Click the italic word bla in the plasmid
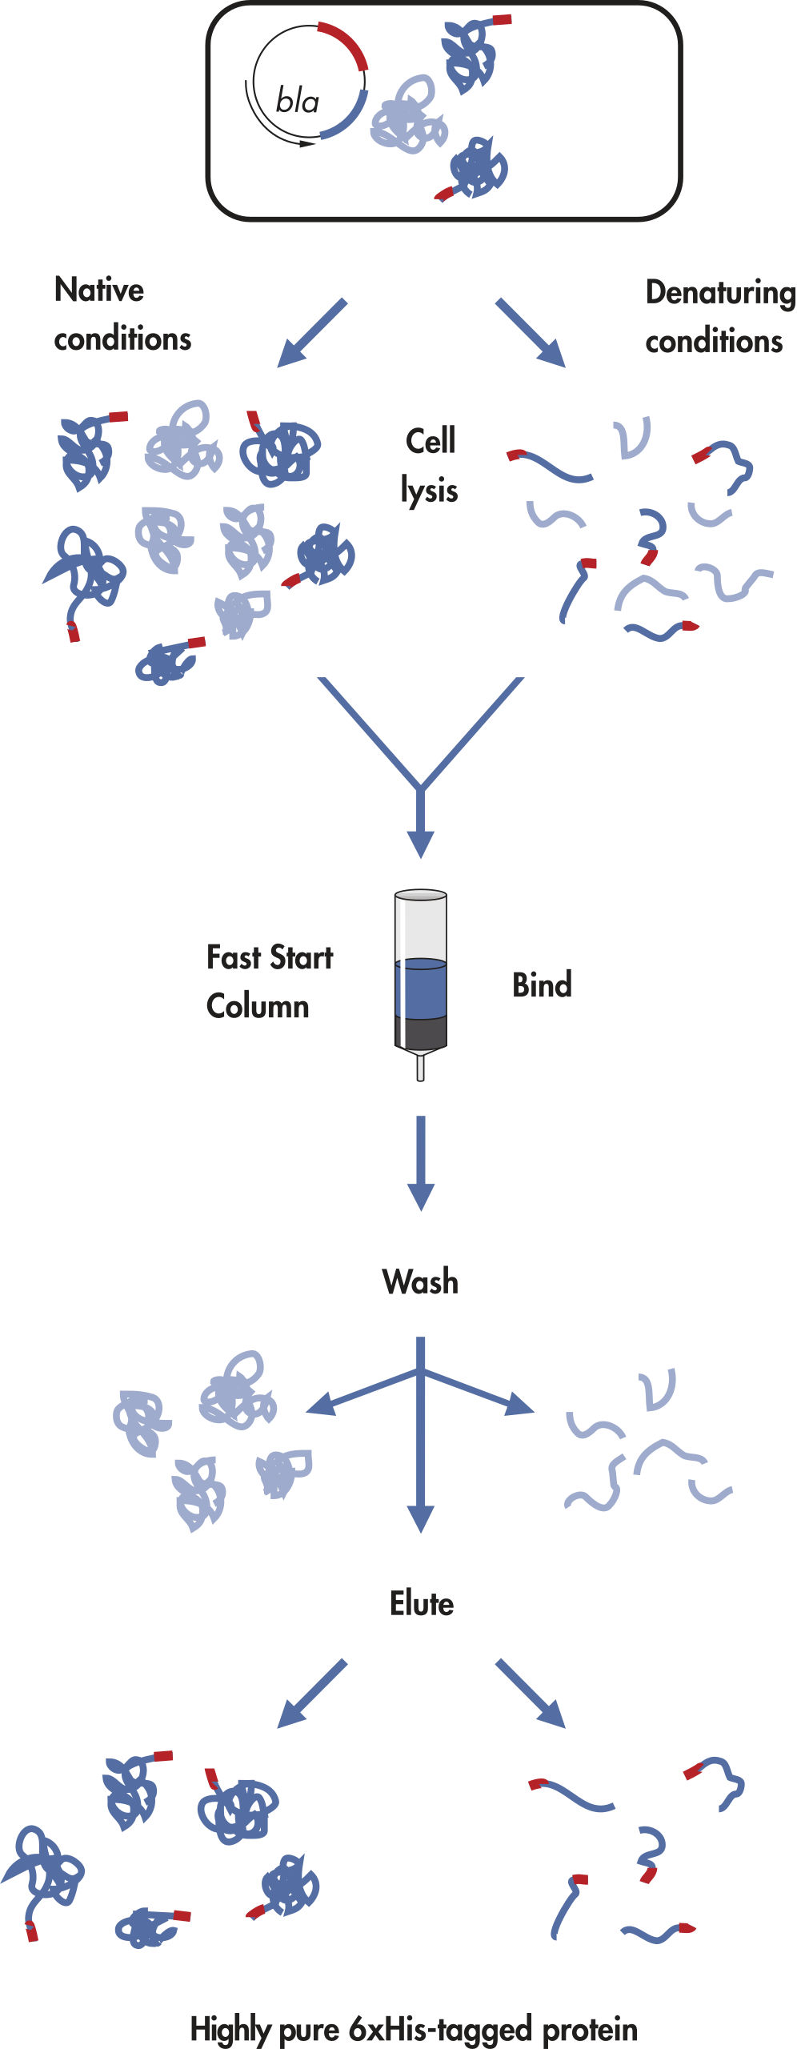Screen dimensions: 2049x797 (x=297, y=101)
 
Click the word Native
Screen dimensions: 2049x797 (x=99, y=290)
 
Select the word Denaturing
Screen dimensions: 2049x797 (x=719, y=293)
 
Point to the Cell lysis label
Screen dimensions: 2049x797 (x=430, y=465)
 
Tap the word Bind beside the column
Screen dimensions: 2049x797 (x=542, y=985)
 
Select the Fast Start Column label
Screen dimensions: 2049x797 (x=269, y=981)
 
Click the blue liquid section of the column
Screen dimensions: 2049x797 (x=420, y=989)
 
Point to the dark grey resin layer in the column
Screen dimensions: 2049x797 (x=420, y=1032)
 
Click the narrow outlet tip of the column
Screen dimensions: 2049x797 (x=420, y=1068)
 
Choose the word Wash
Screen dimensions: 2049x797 (x=420, y=1281)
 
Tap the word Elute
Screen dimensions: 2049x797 (x=422, y=1603)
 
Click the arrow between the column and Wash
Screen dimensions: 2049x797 (x=420, y=1161)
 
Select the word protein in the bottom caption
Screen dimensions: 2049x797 (x=590, y=2029)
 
